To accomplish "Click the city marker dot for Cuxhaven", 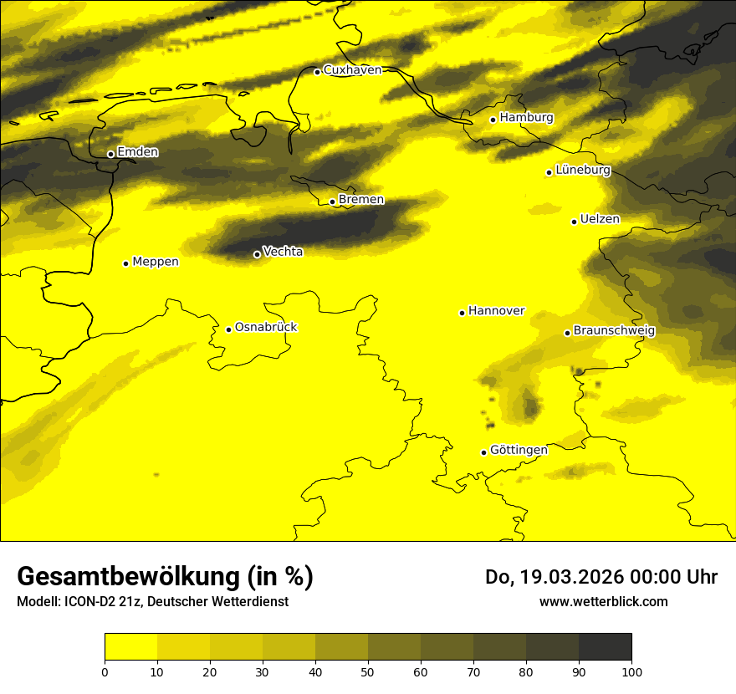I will click(317, 72).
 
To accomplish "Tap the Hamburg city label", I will click(526, 118).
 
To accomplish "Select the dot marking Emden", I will click(110, 154).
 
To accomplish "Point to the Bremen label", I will click(360, 200).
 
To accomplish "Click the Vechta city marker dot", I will click(257, 254).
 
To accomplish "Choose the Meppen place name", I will click(156, 262).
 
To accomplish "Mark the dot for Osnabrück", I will click(228, 329).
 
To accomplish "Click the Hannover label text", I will click(496, 311).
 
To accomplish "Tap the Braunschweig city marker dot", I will click(567, 333).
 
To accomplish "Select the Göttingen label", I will click(519, 450).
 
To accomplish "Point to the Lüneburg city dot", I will click(549, 172).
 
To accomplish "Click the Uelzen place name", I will click(600, 219).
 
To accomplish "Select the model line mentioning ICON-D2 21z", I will click(152, 602).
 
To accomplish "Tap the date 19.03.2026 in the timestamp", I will click(570, 577).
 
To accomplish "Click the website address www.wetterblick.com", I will click(603, 602).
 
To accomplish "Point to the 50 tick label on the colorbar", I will click(368, 671).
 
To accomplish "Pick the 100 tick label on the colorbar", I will click(631, 671).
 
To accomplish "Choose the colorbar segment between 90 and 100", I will click(605, 647).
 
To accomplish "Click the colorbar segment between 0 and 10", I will click(130, 647).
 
